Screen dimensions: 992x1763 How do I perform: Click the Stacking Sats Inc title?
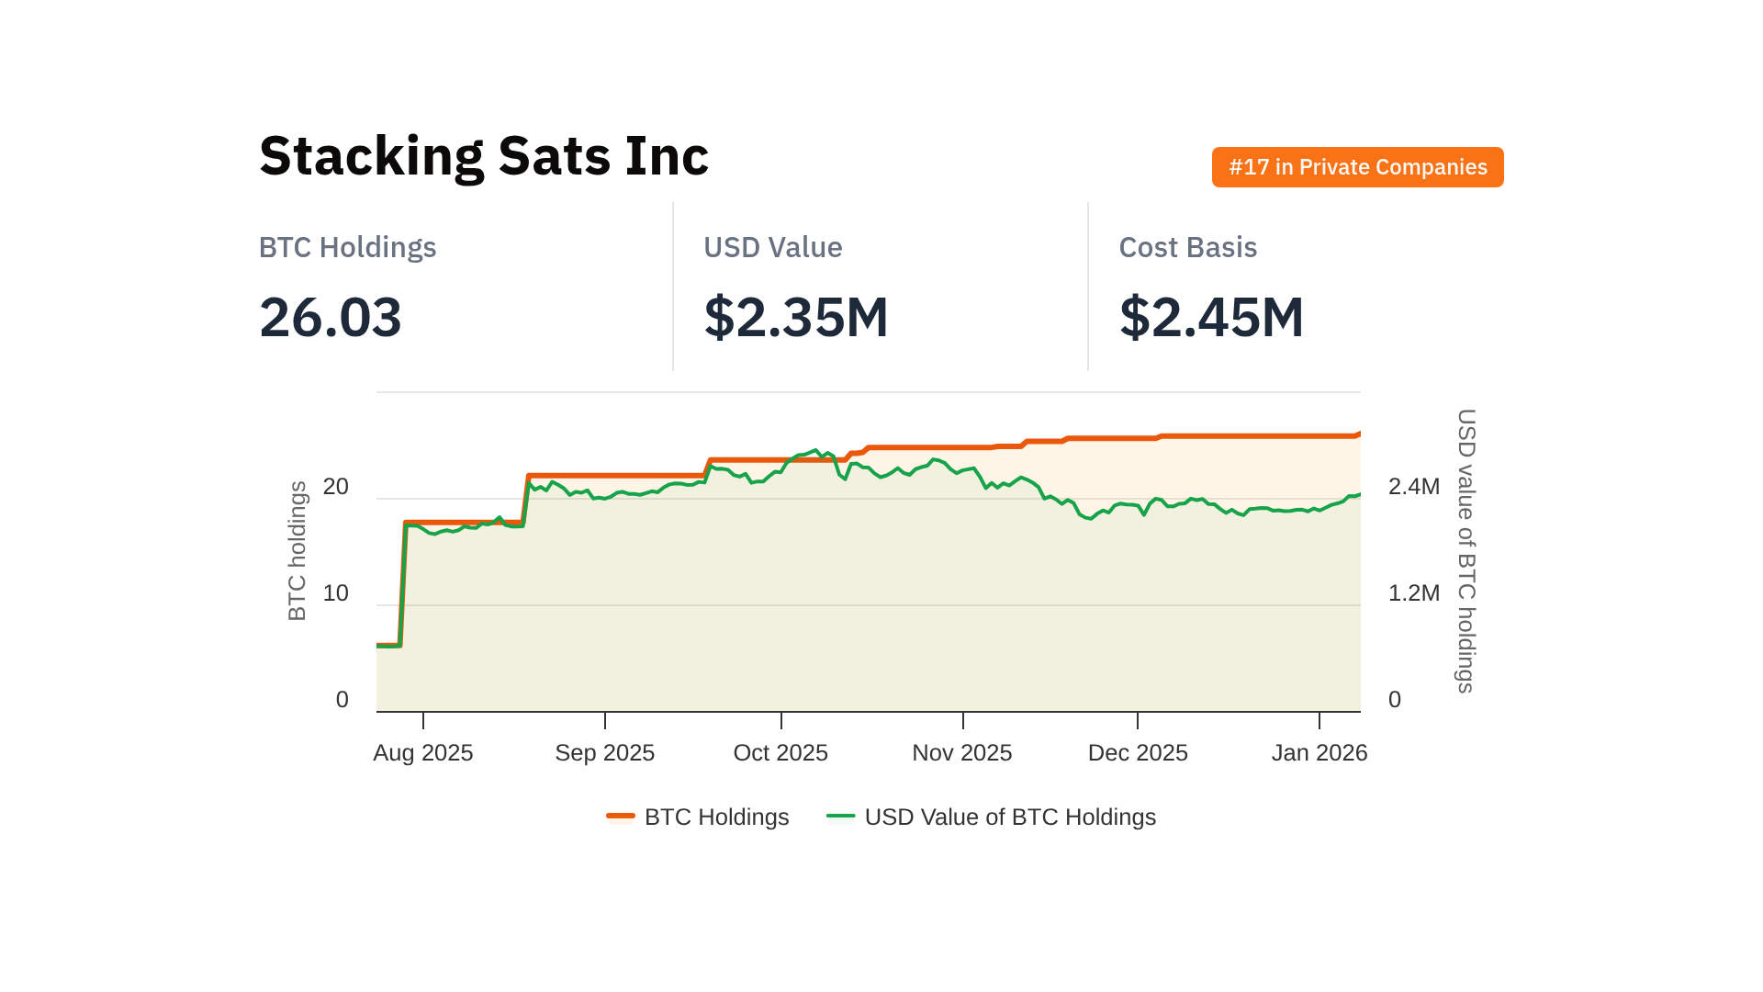coord(484,156)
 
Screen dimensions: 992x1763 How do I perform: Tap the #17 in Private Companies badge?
coord(1357,167)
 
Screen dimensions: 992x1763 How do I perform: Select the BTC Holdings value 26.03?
coord(331,318)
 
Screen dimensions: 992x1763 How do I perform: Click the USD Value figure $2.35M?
coord(795,318)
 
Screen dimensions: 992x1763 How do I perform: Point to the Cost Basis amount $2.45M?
coord(1211,318)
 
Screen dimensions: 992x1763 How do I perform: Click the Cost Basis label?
coord(1187,248)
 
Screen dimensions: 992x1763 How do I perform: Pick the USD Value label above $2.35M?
coord(772,248)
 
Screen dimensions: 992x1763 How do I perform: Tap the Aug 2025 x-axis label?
coord(423,753)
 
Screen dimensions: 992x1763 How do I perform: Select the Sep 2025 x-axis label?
coord(604,753)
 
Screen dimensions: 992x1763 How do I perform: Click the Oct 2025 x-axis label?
coord(780,753)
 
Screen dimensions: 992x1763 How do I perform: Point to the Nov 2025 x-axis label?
coord(961,753)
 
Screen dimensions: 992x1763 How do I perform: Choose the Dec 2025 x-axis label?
coord(1138,753)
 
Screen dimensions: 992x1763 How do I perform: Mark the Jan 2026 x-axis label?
coord(1319,753)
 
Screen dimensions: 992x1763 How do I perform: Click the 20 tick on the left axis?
coord(336,487)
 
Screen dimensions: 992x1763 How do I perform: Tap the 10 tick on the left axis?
coord(336,593)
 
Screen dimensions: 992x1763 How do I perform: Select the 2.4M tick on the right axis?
coord(1413,487)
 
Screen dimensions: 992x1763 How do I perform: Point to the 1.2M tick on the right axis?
coord(1413,593)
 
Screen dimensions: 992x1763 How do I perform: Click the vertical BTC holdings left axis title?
coord(298,551)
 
